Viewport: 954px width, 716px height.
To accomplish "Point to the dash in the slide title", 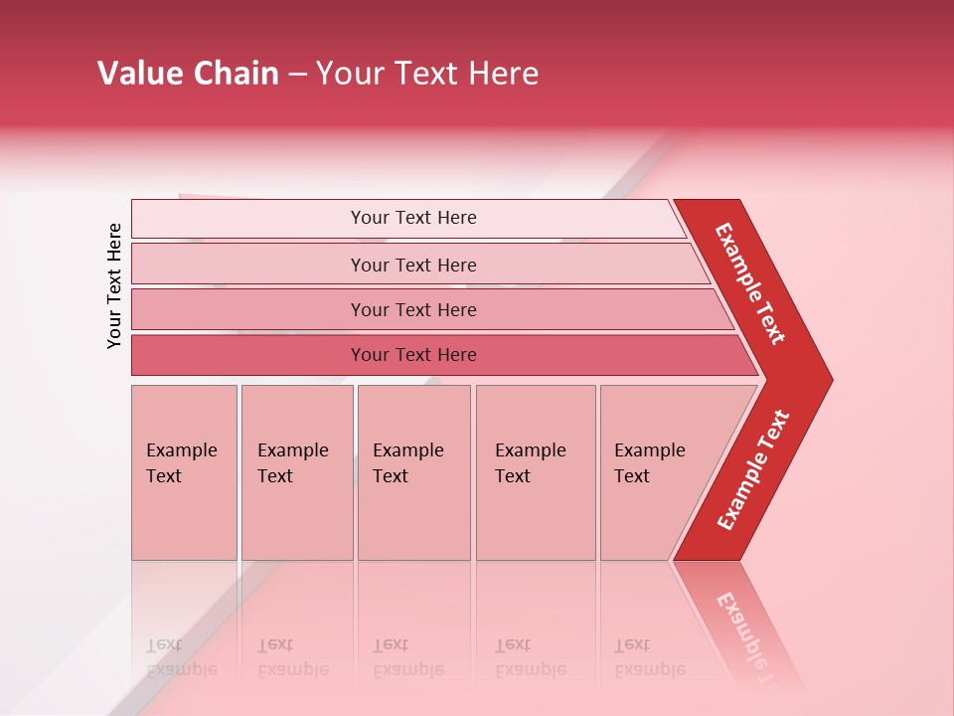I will (x=297, y=75).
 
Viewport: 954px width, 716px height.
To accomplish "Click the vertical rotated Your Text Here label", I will (x=114, y=285).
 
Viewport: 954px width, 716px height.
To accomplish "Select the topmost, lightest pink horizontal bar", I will (x=413, y=218).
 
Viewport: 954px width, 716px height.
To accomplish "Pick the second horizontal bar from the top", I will (x=413, y=265).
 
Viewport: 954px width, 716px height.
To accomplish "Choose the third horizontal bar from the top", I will (x=413, y=309).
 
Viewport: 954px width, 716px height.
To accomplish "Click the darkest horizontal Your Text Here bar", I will (x=413, y=355).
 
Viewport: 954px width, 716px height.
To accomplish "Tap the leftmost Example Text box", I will (x=184, y=471).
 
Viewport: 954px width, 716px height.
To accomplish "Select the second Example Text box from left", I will (x=296, y=471).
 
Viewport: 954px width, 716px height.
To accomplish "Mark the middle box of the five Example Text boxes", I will (x=413, y=471).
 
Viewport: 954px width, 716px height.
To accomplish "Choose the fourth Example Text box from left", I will (x=535, y=471).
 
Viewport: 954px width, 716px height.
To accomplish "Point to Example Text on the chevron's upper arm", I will (x=750, y=283).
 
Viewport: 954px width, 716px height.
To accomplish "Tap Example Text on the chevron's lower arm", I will (x=753, y=470).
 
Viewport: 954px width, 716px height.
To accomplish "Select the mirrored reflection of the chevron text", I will (x=745, y=636).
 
